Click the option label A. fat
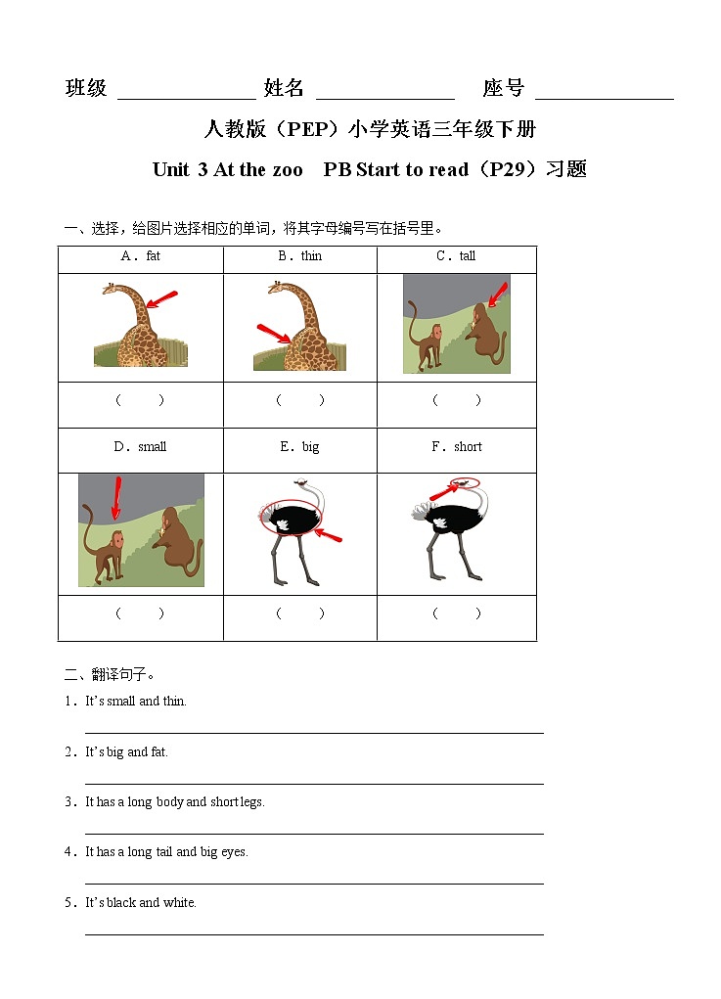click(x=140, y=256)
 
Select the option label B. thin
click(x=299, y=256)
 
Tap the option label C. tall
click(x=456, y=256)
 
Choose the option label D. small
click(x=140, y=447)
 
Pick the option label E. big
click(x=299, y=447)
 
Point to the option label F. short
click(x=457, y=447)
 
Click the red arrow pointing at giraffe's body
click(x=273, y=333)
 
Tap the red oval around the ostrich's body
click(x=289, y=517)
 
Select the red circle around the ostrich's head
click(x=467, y=482)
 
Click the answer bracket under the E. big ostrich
click(x=299, y=614)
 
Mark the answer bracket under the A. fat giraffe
click(x=140, y=400)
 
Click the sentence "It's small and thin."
click(x=136, y=702)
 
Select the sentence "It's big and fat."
click(x=127, y=752)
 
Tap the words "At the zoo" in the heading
click(x=258, y=169)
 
